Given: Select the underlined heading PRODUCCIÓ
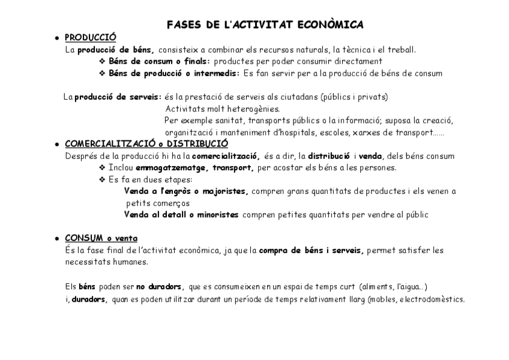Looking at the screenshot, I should tap(91, 38).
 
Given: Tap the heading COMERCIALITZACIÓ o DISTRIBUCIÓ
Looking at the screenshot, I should tap(146, 144).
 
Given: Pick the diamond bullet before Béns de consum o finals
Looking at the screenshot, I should tap(102, 61).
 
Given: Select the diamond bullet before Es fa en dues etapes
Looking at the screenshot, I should tap(102, 179).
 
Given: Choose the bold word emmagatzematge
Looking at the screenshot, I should tap(171, 167).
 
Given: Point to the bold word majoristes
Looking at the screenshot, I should tap(223, 191).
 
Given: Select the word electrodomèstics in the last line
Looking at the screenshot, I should tap(432, 300).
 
